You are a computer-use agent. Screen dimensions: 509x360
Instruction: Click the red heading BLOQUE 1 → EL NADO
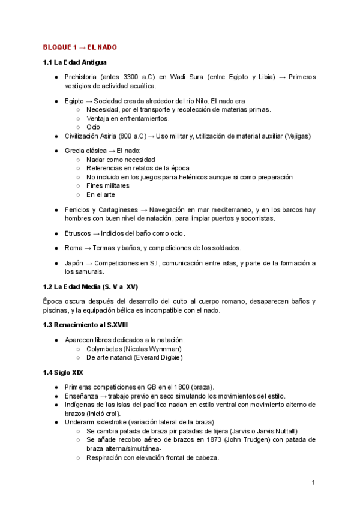(79, 47)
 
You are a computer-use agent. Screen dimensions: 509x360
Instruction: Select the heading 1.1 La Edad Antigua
(75, 62)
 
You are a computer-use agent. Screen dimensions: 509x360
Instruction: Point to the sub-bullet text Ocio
(93, 127)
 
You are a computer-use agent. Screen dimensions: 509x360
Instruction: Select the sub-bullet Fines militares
(107, 185)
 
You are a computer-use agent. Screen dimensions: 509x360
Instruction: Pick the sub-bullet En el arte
(100, 194)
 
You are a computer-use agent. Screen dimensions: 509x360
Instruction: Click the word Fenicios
(78, 209)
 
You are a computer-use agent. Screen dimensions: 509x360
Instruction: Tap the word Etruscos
(78, 233)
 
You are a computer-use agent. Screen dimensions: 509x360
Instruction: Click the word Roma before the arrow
(74, 248)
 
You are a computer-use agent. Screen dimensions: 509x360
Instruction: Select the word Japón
(75, 263)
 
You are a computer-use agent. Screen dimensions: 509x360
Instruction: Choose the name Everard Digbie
(155, 357)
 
